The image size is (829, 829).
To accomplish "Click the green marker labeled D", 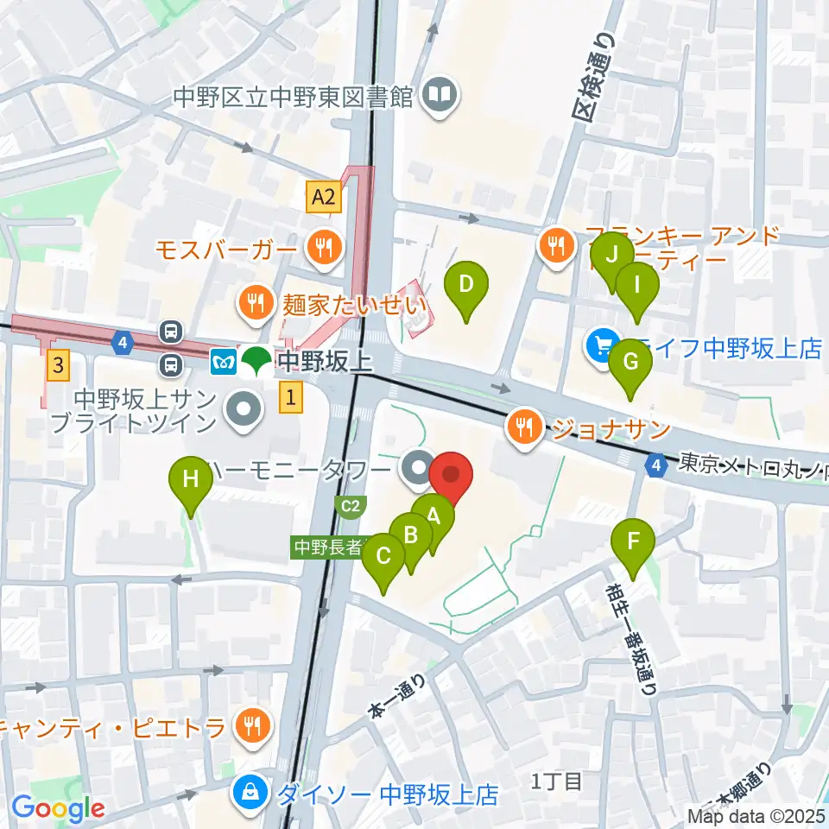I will pos(465,285).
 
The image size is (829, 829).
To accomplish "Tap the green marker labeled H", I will pos(191,478).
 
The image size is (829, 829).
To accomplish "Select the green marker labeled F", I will pos(633,543).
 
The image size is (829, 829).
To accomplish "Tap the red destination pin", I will pos(452,476).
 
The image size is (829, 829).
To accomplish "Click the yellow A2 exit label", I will pos(324,198).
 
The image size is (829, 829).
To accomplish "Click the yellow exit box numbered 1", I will pos(292,397).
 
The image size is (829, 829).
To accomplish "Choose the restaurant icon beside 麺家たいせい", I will pos(256,303).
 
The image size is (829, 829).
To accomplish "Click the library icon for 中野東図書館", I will pos(440,95).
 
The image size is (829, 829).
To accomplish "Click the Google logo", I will pos(58,807).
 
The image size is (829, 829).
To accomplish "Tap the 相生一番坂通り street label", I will pos(633,639).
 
